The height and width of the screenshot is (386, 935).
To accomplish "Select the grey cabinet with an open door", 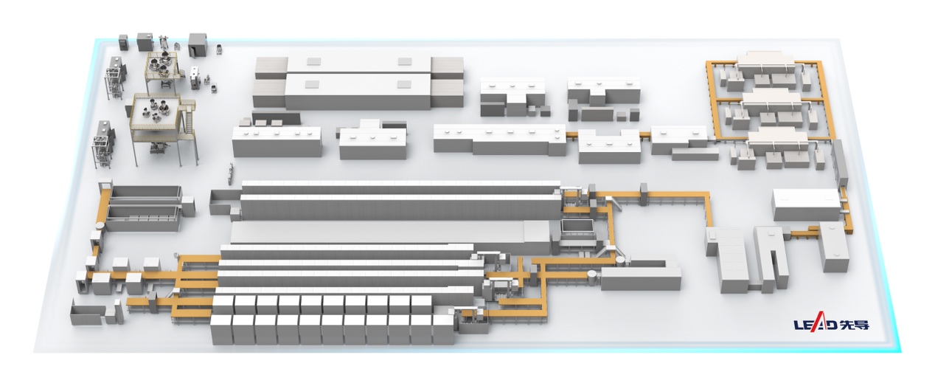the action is tap(198, 45).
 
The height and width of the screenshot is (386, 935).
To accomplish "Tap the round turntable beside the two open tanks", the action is tap(100, 226).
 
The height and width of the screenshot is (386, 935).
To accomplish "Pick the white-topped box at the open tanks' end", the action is tap(188, 206).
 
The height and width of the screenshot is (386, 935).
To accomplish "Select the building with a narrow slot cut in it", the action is tap(771, 259).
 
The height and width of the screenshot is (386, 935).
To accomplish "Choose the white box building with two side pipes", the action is tap(807, 204).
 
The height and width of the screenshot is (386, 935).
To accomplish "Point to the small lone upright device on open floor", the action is tap(229, 173).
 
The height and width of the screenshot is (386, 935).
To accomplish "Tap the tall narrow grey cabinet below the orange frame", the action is tap(840, 164).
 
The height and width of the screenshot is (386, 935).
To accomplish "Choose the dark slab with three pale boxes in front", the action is tap(276, 118).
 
